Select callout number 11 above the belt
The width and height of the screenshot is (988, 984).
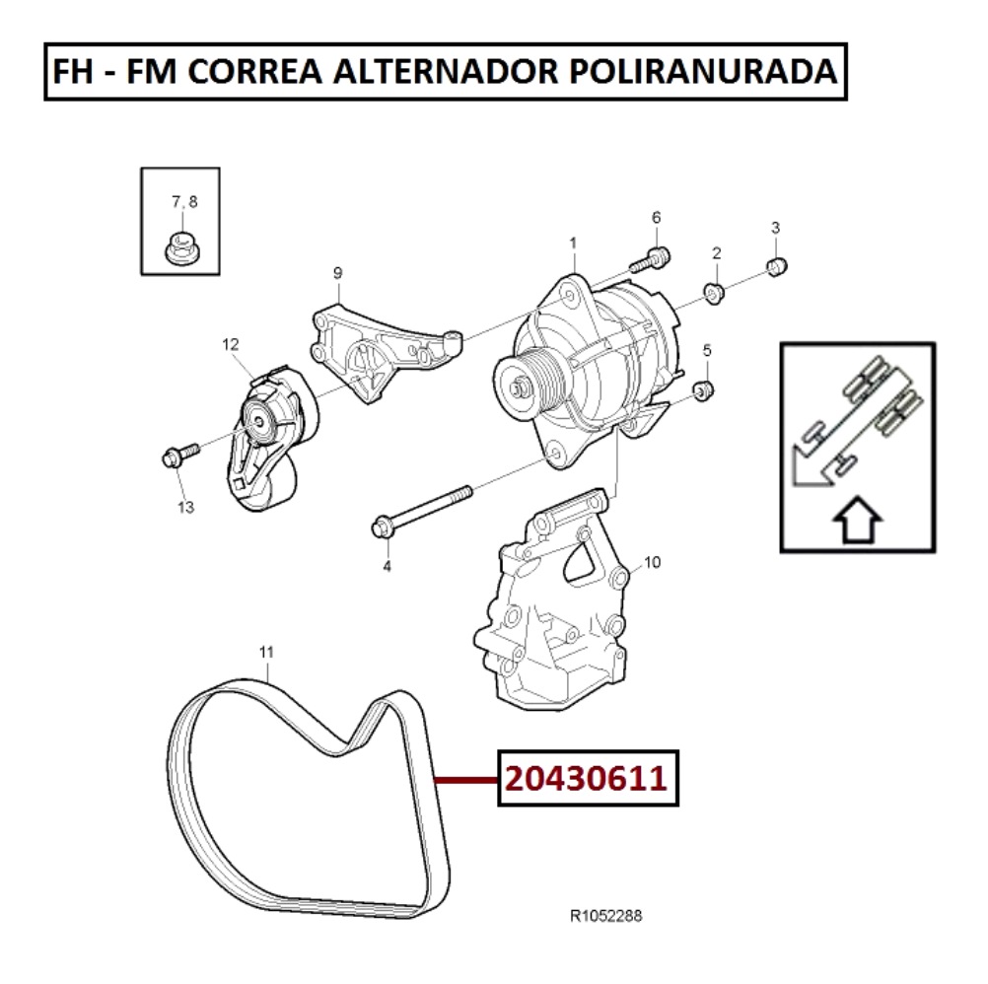[x=265, y=652]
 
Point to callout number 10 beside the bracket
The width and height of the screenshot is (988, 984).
[x=652, y=563]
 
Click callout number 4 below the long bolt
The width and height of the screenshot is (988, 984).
[x=387, y=566]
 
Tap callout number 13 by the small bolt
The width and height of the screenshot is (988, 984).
[x=185, y=508]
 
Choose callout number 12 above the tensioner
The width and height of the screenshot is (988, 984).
[x=231, y=344]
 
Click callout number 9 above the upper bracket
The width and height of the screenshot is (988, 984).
[x=337, y=272]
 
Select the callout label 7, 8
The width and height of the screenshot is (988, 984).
[x=184, y=202]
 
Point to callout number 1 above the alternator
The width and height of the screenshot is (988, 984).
[x=572, y=242]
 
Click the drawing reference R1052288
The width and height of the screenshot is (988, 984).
[x=606, y=916]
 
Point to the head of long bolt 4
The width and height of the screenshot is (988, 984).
[x=383, y=528]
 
